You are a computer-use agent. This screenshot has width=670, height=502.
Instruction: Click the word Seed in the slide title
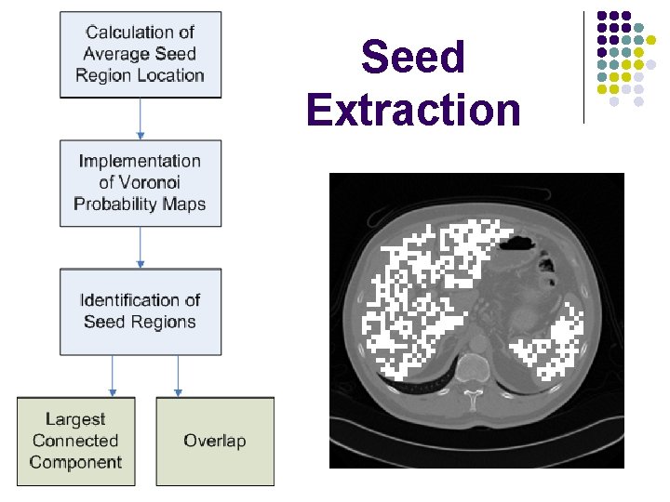412,58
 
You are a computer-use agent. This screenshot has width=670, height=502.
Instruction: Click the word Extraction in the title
412,110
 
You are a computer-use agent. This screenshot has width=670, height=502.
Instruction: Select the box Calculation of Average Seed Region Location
141,53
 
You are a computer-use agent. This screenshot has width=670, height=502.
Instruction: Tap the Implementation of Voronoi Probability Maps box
141,183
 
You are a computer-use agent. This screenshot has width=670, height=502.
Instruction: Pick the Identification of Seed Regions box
141,311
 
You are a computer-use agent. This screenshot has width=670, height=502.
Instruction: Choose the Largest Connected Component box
75,441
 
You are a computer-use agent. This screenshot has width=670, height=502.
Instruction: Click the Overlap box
215,441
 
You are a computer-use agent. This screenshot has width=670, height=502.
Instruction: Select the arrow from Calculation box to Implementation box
141,119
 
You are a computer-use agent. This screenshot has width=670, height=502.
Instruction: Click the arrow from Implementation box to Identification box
141,247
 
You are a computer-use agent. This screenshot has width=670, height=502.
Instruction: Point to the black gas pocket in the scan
517,244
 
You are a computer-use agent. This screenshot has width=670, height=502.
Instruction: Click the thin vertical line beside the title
583,67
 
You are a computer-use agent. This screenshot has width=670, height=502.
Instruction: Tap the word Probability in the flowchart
114,204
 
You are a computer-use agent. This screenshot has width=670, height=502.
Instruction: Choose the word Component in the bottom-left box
75,462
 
